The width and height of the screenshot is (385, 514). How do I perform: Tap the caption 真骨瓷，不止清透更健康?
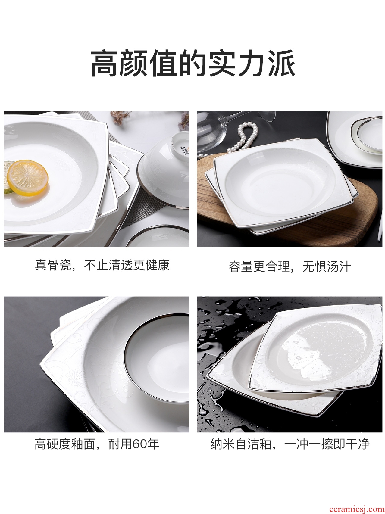pyautogui.click(x=102, y=265)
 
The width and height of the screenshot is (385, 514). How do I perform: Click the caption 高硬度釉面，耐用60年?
pyautogui.click(x=97, y=444)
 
